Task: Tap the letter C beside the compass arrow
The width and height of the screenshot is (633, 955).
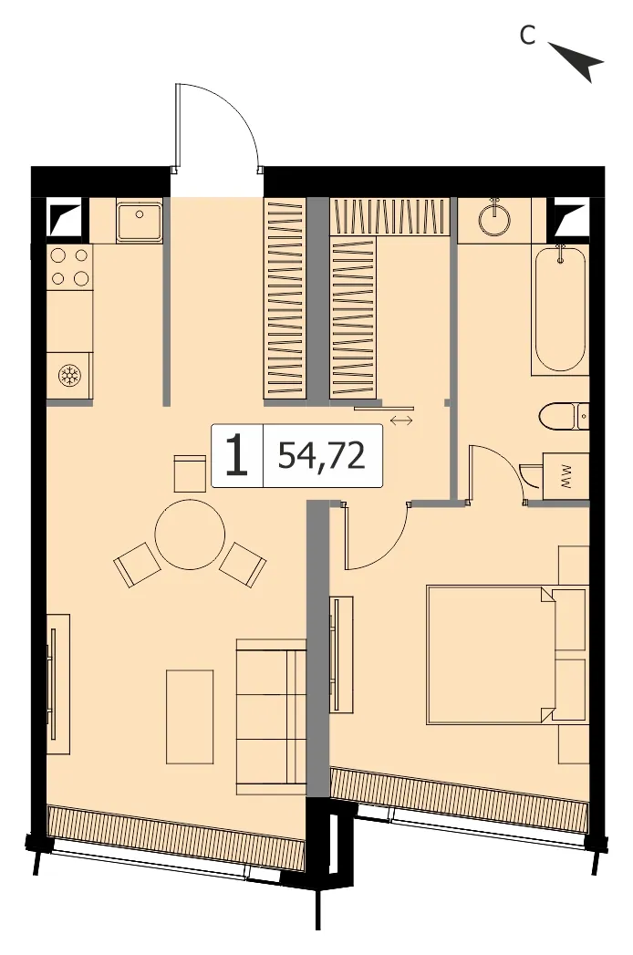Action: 527,36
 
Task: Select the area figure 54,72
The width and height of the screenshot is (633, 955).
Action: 322,455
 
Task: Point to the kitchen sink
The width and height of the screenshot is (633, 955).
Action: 140,222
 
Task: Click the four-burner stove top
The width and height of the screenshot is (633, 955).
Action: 70,266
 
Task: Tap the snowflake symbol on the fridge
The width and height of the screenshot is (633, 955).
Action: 68,376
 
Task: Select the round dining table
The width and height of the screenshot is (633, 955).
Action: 190,535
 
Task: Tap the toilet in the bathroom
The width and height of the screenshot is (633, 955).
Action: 565,416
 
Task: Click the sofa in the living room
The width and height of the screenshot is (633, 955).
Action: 271,716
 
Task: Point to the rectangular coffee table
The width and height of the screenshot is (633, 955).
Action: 190,716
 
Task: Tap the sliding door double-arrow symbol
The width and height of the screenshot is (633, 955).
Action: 401,420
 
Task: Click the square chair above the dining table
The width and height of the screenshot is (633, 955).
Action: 188,473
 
